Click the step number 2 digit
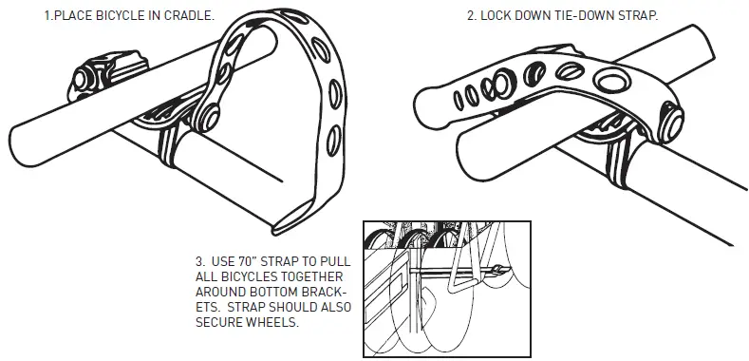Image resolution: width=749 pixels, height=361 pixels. click(470, 17)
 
